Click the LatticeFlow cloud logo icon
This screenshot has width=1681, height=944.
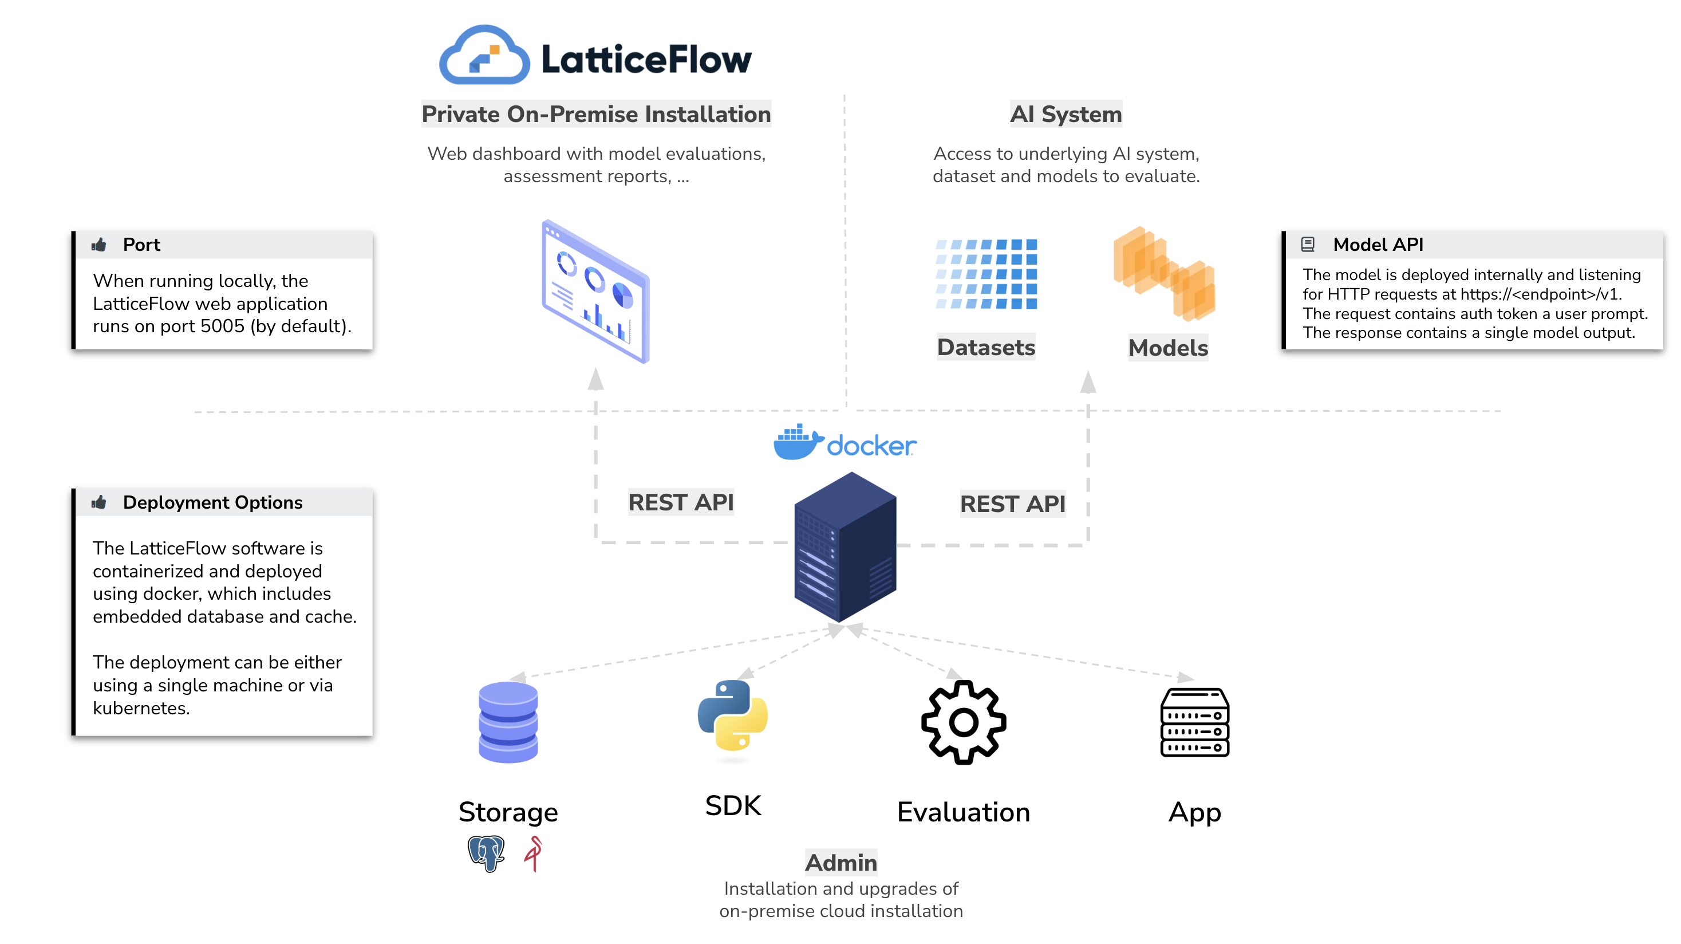pyautogui.click(x=484, y=56)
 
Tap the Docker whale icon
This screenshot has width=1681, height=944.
pyautogui.click(x=797, y=443)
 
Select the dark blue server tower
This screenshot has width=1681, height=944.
pyautogui.click(x=845, y=547)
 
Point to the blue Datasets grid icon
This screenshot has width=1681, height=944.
pyautogui.click(x=986, y=274)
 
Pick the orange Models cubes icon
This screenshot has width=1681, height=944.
pyautogui.click(x=1164, y=274)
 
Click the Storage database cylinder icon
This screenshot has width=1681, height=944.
pyautogui.click(x=508, y=722)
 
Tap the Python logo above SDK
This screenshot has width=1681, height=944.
pyautogui.click(x=733, y=715)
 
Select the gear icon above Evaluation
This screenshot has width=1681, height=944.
pyautogui.click(x=963, y=722)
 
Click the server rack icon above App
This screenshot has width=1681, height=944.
pyautogui.click(x=1194, y=722)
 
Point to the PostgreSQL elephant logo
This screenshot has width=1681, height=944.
pyautogui.click(x=486, y=852)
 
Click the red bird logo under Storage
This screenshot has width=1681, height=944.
pyautogui.click(x=534, y=852)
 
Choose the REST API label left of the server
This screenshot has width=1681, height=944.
pyautogui.click(x=681, y=502)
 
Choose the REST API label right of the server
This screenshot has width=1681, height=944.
pyautogui.click(x=1012, y=504)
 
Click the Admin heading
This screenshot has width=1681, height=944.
pyautogui.click(x=840, y=863)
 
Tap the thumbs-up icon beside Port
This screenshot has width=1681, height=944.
pyautogui.click(x=99, y=245)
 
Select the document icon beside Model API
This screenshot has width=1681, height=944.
pyautogui.click(x=1307, y=245)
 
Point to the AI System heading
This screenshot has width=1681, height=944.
pyautogui.click(x=1066, y=114)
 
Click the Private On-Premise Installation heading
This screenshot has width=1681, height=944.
pyautogui.click(x=596, y=114)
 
